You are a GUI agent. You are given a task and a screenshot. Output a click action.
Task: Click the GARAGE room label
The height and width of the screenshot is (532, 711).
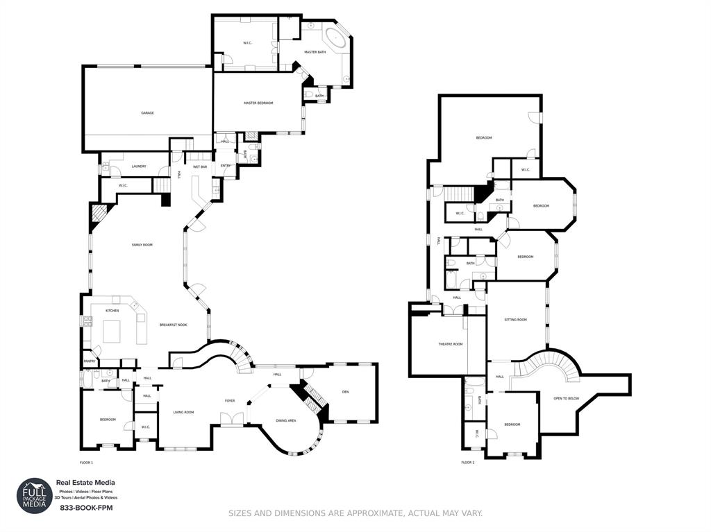point(147,113)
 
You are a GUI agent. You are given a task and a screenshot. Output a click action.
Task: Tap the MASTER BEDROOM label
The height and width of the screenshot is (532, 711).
point(258,103)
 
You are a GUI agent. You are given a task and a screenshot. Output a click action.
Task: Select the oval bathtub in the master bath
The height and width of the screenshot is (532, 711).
point(337,38)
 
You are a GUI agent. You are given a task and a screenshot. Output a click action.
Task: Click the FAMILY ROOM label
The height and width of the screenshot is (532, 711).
point(142,245)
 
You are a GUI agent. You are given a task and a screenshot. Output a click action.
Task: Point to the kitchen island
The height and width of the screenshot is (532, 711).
point(112,332)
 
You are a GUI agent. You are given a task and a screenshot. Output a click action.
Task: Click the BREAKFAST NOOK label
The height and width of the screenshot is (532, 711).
point(173,325)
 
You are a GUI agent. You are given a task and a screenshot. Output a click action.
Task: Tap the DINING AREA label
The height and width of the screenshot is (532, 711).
point(286,420)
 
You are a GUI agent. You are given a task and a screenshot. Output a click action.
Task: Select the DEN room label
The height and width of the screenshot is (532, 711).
point(345,392)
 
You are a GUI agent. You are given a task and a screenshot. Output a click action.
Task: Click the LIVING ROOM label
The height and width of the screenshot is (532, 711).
point(183,412)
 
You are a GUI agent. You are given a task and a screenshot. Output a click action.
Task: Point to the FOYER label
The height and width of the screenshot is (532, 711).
point(229,401)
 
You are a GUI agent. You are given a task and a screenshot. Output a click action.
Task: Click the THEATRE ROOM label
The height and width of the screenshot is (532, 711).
point(450,344)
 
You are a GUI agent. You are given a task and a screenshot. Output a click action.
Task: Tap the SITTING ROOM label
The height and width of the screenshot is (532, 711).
point(515,320)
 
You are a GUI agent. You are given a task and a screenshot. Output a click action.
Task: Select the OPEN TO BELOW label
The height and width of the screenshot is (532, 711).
point(567,398)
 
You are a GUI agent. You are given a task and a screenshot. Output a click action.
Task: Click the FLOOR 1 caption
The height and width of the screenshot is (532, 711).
point(86,462)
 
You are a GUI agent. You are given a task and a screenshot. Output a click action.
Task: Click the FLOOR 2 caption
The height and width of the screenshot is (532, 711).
point(468,462)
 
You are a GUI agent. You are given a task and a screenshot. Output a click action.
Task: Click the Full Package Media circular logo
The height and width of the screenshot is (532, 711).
point(35,496)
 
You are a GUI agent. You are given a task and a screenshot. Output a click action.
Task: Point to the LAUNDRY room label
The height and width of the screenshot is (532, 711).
point(139,166)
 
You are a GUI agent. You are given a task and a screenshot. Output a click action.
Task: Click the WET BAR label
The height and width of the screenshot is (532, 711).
point(200,166)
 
